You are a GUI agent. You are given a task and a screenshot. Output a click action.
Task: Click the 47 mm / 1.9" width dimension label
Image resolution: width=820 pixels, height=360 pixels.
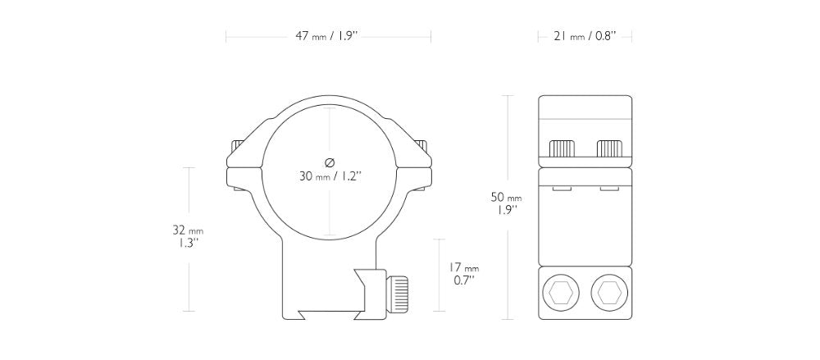point(328,36)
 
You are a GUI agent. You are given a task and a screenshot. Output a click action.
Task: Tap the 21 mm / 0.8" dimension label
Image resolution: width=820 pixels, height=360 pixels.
point(585,36)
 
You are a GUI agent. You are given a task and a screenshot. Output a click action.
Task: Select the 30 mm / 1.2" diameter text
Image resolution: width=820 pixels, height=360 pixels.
point(330,175)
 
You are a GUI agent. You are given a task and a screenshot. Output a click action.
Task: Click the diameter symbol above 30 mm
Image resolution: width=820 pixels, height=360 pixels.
point(329,160)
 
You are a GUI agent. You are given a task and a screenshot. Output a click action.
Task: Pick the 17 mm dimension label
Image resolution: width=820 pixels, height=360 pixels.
point(463,267)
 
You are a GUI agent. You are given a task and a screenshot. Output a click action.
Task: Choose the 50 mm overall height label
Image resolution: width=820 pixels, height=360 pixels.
point(505,197)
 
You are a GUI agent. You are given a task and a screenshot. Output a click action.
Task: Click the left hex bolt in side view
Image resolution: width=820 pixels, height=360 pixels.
point(562,291)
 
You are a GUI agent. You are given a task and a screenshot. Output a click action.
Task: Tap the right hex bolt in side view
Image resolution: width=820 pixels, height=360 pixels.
point(608,291)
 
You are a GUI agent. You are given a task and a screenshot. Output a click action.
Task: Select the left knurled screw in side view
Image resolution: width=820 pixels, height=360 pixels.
point(563,148)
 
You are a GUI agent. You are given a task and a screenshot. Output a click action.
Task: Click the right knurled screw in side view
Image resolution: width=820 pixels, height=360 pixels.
point(609,148)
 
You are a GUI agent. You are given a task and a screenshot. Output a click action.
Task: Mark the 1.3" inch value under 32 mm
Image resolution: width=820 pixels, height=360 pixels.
point(189,244)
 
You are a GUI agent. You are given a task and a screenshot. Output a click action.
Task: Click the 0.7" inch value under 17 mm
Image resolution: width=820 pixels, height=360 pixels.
point(463,280)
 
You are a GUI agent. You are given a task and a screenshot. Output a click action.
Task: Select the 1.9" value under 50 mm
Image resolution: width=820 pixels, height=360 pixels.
point(505,211)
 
